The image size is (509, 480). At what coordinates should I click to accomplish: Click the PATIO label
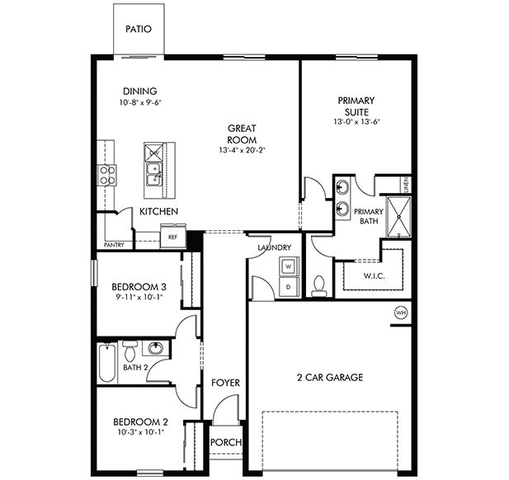(139, 29)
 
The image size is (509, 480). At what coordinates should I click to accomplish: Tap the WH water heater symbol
(402, 313)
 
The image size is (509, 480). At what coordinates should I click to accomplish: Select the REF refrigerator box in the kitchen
(172, 238)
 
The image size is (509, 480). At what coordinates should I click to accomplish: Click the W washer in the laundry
(289, 266)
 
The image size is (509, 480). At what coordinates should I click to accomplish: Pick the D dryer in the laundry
(289, 286)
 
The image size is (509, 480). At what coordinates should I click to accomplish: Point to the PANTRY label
(114, 245)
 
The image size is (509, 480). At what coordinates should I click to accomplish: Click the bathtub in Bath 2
(107, 364)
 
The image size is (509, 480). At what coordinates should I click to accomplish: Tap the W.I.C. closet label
(375, 275)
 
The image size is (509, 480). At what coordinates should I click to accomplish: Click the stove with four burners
(107, 174)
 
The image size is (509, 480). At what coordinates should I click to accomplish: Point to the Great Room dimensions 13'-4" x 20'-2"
(243, 151)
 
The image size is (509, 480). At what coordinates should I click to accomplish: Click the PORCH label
(226, 443)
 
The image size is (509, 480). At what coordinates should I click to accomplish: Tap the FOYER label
(225, 383)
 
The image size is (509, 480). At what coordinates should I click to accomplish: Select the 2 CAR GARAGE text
(330, 378)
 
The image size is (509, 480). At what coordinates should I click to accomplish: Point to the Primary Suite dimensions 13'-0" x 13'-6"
(356, 122)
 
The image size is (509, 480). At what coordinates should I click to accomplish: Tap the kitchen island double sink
(154, 173)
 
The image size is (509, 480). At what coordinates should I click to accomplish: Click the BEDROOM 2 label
(139, 422)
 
